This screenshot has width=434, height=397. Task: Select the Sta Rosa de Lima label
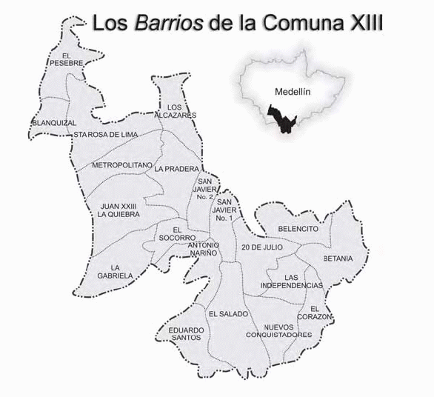(x=104, y=134)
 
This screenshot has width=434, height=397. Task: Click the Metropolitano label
(x=122, y=164)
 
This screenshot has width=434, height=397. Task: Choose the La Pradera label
(x=173, y=169)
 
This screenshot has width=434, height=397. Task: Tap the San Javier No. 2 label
(x=206, y=188)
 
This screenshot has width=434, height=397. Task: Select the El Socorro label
(x=177, y=233)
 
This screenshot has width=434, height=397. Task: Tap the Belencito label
(x=298, y=229)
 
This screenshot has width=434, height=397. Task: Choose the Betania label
(x=338, y=258)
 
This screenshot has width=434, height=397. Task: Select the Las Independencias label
(x=293, y=281)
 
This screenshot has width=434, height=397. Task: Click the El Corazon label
(x=321, y=313)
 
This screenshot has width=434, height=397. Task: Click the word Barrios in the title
(x=167, y=23)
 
